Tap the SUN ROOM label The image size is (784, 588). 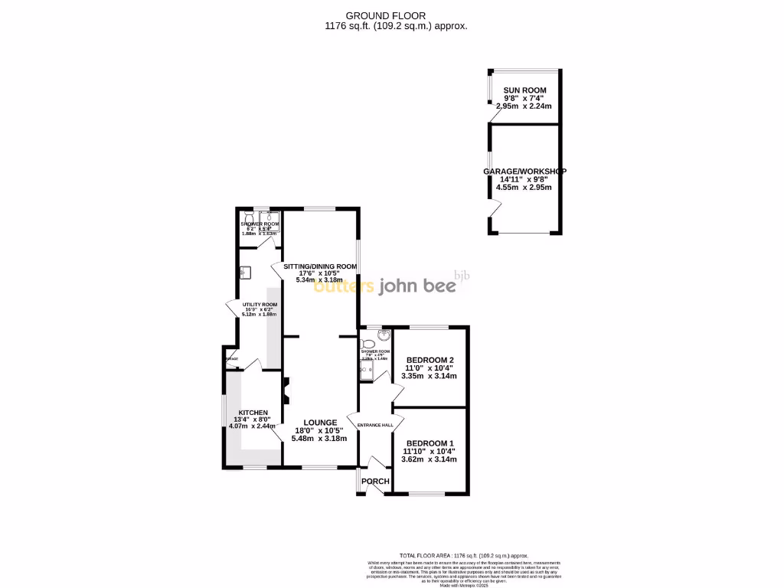click(x=524, y=90)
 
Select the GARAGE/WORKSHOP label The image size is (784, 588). click(x=524, y=171)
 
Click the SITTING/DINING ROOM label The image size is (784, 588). click(x=320, y=266)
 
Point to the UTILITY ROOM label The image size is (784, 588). click(x=260, y=305)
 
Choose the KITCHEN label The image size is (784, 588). click(x=253, y=413)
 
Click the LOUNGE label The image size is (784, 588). click(x=320, y=422)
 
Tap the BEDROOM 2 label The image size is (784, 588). click(x=430, y=360)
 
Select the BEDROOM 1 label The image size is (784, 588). click(x=430, y=443)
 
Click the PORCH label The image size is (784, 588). click(x=375, y=482)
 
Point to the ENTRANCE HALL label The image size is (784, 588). click(x=375, y=426)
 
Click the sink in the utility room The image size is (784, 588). click(x=245, y=272)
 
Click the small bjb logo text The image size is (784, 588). click(x=461, y=275)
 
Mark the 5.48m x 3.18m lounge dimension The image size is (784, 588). click(x=320, y=439)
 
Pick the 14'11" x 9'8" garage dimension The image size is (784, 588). click(x=524, y=179)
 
